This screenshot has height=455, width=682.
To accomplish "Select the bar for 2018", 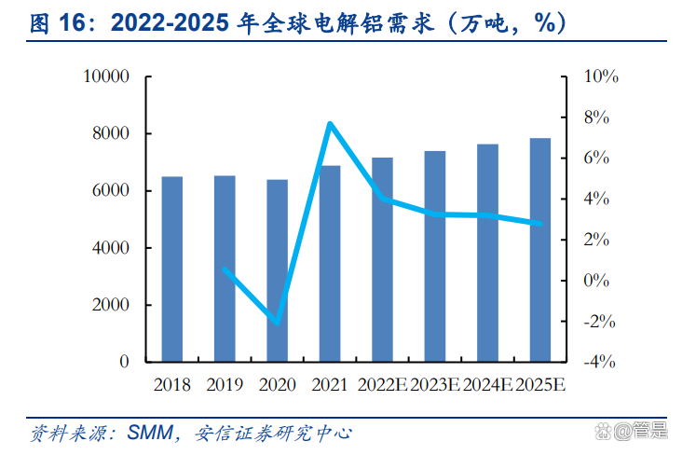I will click(172, 269).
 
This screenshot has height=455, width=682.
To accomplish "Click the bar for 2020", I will click(278, 270).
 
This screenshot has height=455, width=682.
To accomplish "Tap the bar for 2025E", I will click(540, 250).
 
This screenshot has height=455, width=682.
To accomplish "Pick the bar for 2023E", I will click(435, 256).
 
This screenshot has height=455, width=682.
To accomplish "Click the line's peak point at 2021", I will click(330, 123).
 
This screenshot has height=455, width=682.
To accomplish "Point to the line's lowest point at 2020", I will click(278, 323).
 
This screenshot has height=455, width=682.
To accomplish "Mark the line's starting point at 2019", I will click(225, 269).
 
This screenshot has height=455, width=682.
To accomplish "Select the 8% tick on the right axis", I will click(596, 117).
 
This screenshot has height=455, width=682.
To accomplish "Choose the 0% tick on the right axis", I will click(596, 281).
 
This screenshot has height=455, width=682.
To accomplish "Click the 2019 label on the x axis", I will click(225, 384).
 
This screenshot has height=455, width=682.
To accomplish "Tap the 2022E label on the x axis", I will click(382, 384).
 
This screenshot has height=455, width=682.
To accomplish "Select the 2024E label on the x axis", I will click(487, 384).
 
